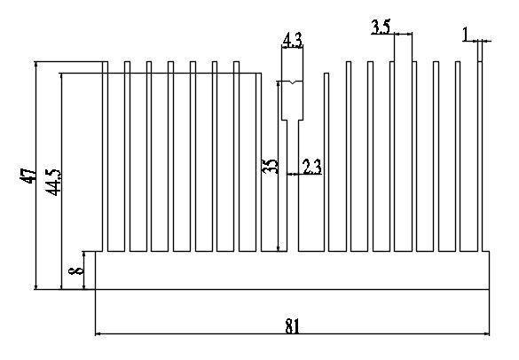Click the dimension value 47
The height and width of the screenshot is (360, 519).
(x=28, y=176)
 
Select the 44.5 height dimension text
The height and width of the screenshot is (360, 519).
(x=53, y=182)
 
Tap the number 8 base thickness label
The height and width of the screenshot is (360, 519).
(x=76, y=270)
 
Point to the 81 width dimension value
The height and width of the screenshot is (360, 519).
(x=292, y=326)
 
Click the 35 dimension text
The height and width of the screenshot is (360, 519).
(x=270, y=166)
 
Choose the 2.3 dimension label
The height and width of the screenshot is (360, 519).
(x=312, y=167)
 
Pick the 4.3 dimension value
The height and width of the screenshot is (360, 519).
(x=292, y=41)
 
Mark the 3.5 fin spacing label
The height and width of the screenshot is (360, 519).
(x=381, y=27)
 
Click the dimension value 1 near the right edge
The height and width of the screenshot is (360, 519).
(x=466, y=34)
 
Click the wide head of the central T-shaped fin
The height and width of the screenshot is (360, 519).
(x=292, y=100)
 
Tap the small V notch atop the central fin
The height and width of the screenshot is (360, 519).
(x=292, y=82)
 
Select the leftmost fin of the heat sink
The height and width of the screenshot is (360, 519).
(x=106, y=156)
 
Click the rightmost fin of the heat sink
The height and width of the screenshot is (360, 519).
(x=480, y=156)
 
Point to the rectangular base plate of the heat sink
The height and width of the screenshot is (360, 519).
(x=292, y=270)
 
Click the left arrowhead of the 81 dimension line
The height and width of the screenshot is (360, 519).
(x=98, y=334)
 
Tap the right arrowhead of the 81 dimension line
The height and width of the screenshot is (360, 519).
(x=486, y=334)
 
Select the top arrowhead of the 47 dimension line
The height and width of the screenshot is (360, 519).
(x=35, y=64)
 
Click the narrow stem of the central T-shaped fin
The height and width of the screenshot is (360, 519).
(x=293, y=185)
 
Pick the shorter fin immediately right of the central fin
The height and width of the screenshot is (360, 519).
(x=326, y=162)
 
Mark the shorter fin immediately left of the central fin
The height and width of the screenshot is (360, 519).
(x=258, y=162)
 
